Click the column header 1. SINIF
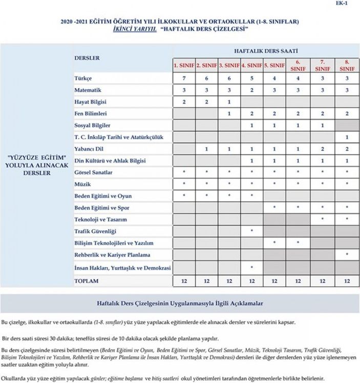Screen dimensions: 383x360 (184, 66)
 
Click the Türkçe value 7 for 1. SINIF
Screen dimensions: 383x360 (184, 78)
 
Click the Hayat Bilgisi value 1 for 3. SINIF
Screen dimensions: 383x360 (229, 102)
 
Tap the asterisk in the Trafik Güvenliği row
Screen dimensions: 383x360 (252, 231)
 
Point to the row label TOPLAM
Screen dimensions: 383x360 (87, 281)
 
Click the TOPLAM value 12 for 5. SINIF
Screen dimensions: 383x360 (274, 281)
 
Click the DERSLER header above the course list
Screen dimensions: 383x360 (87, 58)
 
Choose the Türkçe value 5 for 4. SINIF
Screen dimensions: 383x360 (252, 78)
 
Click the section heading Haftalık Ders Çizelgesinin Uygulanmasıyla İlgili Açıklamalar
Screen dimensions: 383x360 (180, 304)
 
